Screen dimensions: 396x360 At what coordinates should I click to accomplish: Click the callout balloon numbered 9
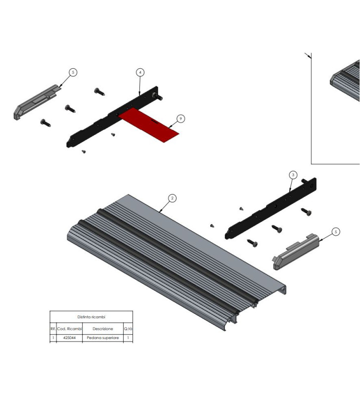(x=181, y=119)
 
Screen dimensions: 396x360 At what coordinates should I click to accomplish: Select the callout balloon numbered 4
(x=140, y=72)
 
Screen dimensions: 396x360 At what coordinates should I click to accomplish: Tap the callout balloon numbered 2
(x=172, y=198)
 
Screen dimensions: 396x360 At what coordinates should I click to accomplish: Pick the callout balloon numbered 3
(x=293, y=175)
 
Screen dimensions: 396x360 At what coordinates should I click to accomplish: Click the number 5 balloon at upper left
(x=73, y=72)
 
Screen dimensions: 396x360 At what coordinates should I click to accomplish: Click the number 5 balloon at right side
(x=336, y=231)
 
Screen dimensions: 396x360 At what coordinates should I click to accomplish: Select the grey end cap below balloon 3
(x=294, y=253)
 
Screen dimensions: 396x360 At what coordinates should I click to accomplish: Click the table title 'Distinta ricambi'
(x=91, y=317)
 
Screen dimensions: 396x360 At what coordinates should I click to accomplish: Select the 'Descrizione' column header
(x=102, y=329)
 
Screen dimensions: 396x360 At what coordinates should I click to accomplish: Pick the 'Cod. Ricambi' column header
(x=69, y=329)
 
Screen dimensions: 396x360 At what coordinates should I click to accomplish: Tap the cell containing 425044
(x=69, y=338)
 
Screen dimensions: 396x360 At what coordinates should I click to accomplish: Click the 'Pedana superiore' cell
(x=102, y=338)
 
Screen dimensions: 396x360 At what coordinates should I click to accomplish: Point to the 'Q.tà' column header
(x=128, y=329)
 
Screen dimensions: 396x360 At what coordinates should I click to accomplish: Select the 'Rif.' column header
(x=53, y=329)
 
